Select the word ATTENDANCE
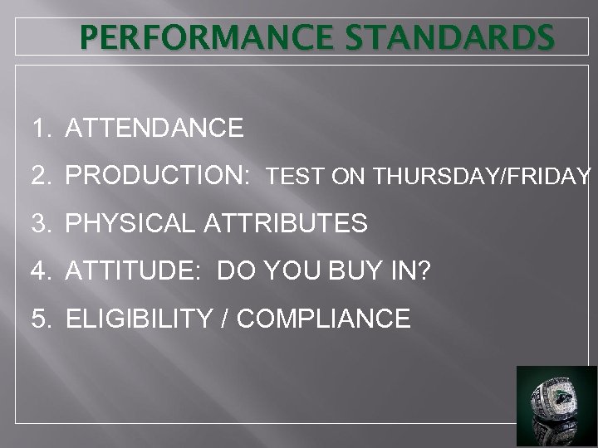[154, 129]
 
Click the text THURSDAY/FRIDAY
[483, 177]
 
